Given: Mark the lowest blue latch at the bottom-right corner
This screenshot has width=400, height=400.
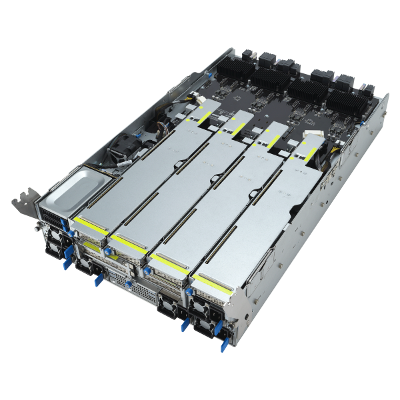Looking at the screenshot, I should tap(223, 342).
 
